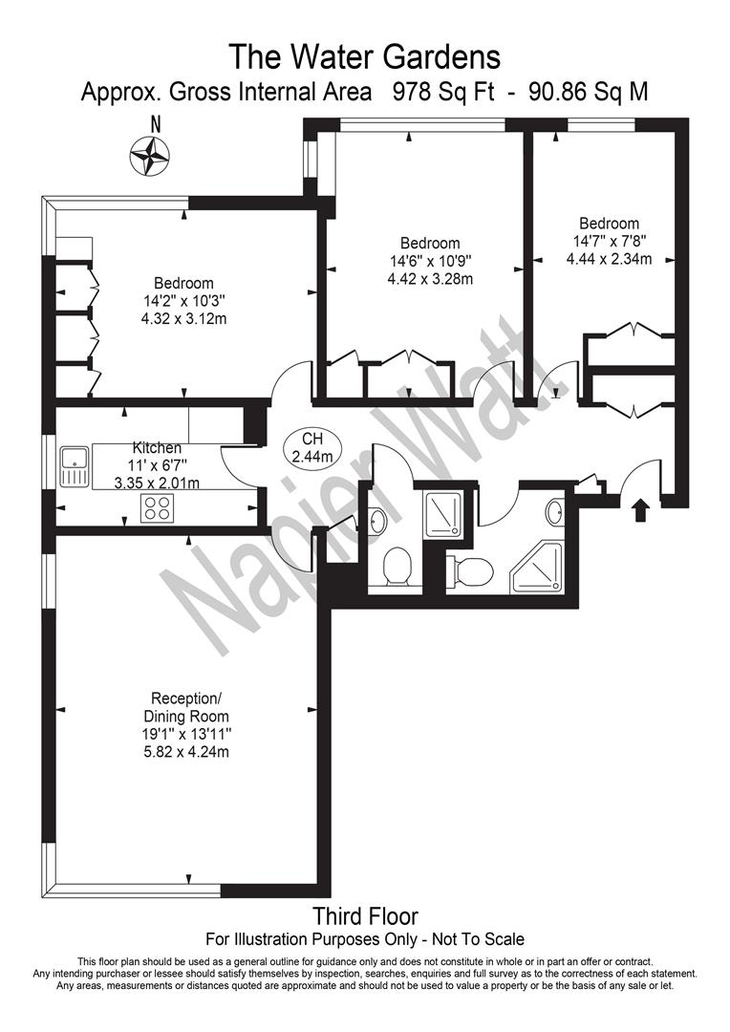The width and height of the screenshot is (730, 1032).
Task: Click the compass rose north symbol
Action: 150,156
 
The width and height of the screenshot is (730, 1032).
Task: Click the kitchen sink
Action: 75,466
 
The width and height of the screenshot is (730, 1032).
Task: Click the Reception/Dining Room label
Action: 186,707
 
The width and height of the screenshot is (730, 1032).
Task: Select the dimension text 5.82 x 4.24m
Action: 186,751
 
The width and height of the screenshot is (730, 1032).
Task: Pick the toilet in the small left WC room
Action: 397,565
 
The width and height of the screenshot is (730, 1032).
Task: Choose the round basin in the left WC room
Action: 377,522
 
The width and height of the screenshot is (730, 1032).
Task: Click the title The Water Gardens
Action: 365,56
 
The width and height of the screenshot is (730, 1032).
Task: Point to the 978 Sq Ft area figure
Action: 443,92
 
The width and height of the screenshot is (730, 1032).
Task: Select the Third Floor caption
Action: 365,916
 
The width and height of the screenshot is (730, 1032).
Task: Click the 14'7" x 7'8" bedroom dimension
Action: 609,241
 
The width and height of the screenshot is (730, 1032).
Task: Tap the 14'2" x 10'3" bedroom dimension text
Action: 184,301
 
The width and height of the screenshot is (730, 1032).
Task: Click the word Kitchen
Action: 158,448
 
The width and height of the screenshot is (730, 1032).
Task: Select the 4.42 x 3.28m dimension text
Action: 431,278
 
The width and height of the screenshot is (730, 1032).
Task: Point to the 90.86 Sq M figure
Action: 589,92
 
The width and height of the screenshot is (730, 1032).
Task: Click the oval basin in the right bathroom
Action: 555,511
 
